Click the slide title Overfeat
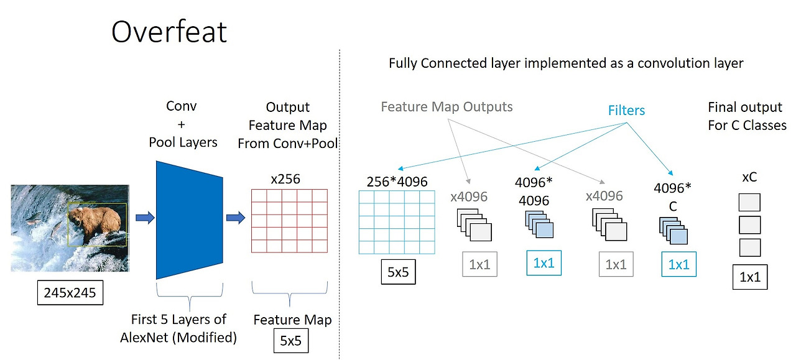(169, 31)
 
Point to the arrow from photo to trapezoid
(145, 218)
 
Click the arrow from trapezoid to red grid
(236, 218)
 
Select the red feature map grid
(289, 220)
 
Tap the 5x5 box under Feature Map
(291, 341)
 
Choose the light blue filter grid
(397, 222)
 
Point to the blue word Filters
(626, 111)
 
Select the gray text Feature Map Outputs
(447, 107)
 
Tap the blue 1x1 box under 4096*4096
(544, 263)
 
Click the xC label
(749, 177)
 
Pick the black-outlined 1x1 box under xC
(749, 277)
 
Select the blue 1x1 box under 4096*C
(678, 264)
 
